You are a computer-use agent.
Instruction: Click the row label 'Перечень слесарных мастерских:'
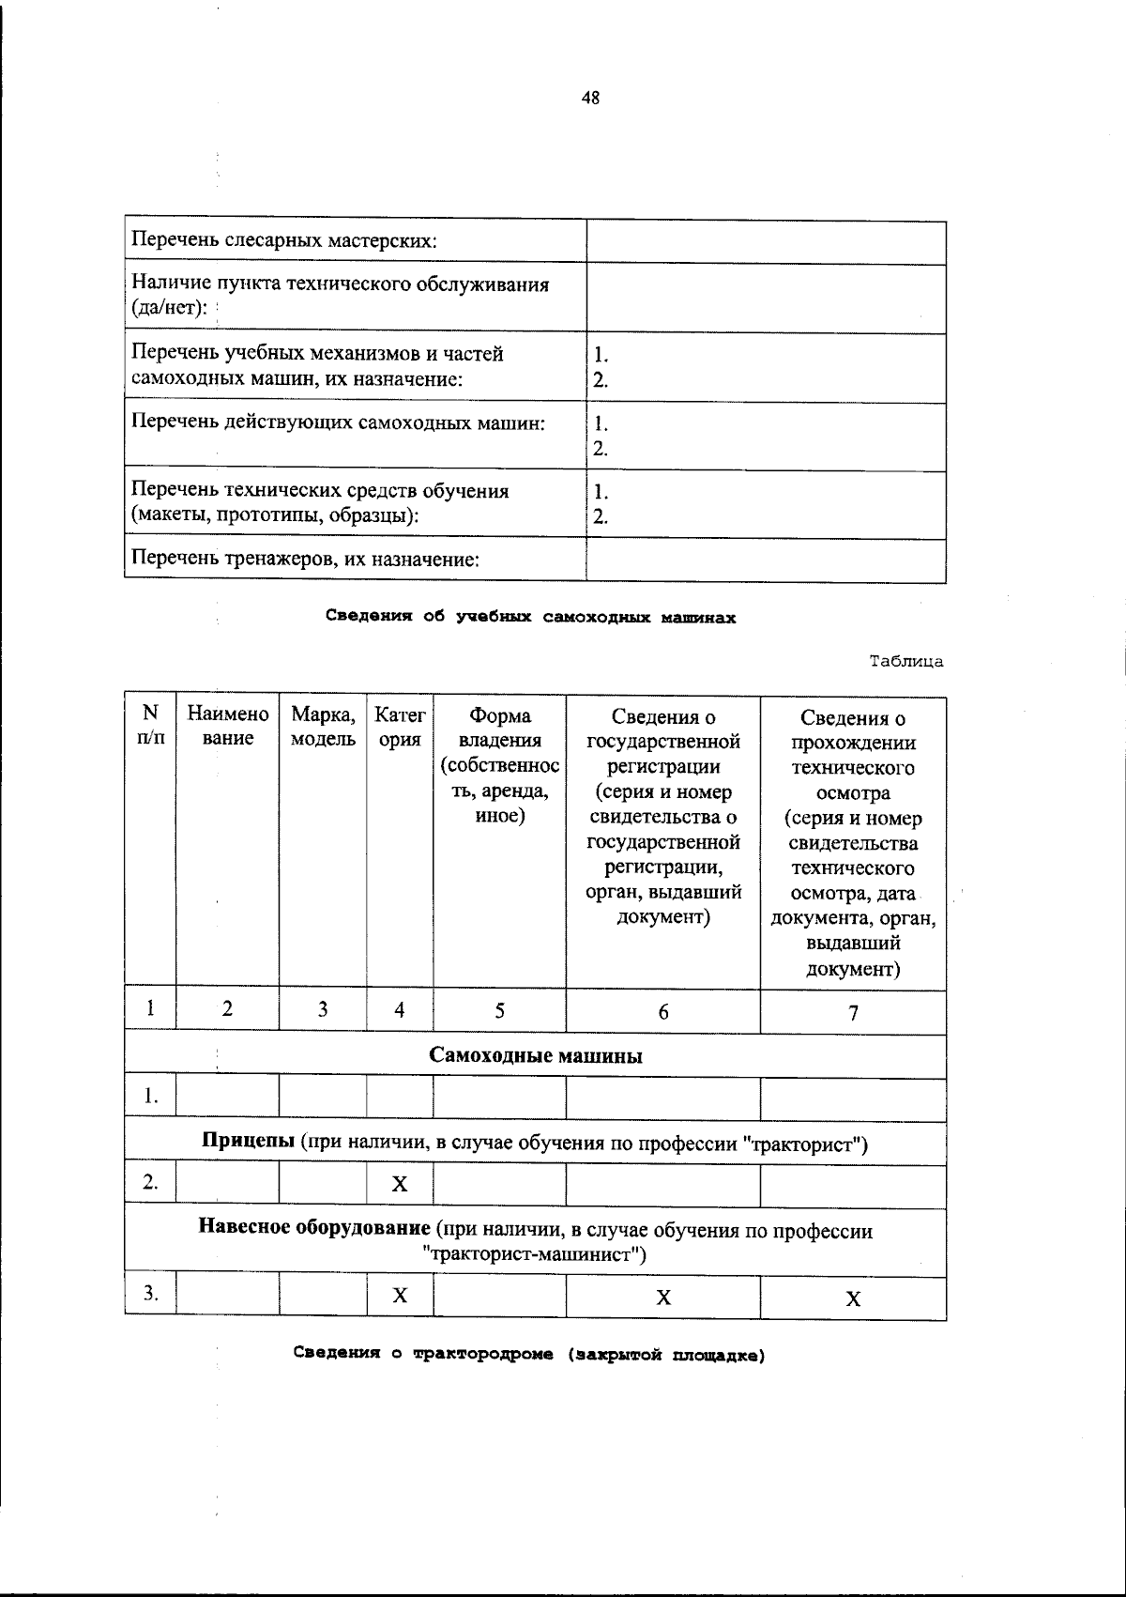click(284, 241)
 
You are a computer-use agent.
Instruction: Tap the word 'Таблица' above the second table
click(905, 661)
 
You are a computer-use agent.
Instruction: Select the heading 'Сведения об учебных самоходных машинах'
click(530, 617)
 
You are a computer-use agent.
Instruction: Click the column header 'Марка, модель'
click(323, 727)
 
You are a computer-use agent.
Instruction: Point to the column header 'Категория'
click(400, 727)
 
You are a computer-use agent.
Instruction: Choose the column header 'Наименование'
click(228, 727)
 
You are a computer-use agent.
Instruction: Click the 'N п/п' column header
click(150, 725)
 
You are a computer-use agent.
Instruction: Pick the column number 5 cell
click(499, 1010)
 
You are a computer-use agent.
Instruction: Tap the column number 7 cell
click(852, 1012)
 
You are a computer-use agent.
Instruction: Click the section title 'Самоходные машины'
click(536, 1055)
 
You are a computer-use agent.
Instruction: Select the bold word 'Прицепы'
click(249, 1144)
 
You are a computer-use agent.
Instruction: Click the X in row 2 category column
click(400, 1184)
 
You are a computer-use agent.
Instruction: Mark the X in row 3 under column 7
click(852, 1299)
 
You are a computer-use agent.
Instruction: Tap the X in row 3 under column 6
click(662, 1298)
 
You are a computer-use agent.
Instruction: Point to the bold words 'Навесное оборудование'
click(314, 1230)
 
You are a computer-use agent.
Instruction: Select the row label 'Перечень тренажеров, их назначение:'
click(306, 560)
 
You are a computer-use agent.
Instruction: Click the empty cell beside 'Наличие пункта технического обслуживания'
click(766, 298)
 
